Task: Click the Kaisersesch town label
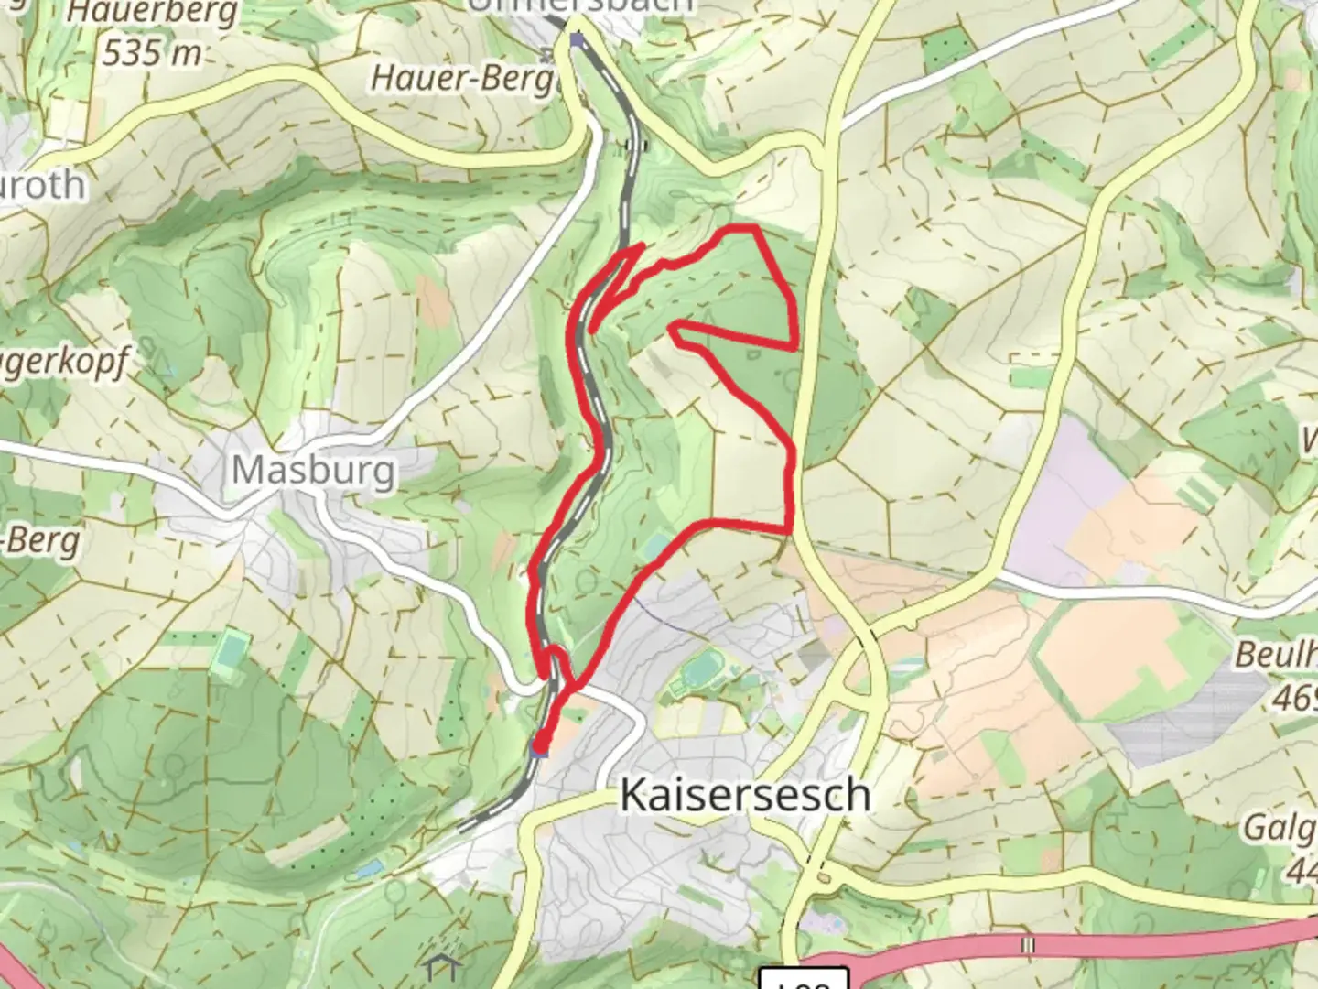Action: [x=744, y=795]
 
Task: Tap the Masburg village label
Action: [x=314, y=471]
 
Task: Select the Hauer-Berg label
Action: [x=463, y=77]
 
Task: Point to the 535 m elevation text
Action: [x=152, y=53]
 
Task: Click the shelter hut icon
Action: [x=441, y=966]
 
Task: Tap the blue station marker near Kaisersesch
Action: [x=540, y=750]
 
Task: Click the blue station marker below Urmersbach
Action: [x=576, y=39]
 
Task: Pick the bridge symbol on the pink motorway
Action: [x=1029, y=944]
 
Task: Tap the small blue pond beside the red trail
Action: [x=656, y=549]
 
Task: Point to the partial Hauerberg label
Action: [x=152, y=13]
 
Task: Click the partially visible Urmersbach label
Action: [x=580, y=5]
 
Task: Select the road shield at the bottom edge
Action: [x=805, y=979]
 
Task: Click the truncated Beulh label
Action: [x=1275, y=656]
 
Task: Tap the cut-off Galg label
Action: [x=1279, y=829]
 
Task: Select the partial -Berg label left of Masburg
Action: [x=40, y=540]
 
